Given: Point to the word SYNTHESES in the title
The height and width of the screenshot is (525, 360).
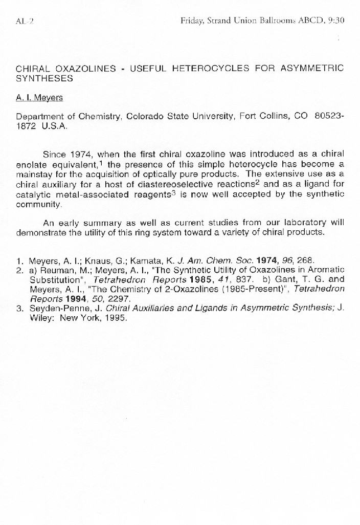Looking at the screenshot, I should (44, 78).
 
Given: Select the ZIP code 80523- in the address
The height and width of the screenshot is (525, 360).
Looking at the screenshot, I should (329, 116).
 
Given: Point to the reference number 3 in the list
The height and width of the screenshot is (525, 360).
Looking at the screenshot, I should (19, 308).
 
